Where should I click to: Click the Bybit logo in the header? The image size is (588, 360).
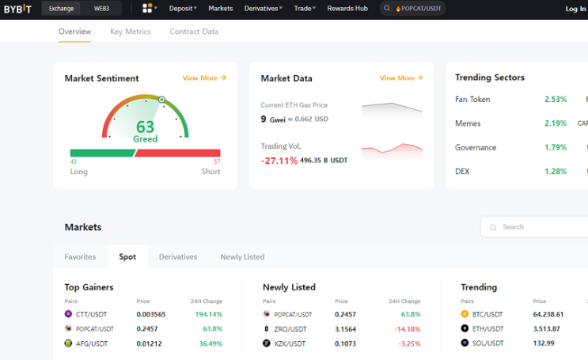17,8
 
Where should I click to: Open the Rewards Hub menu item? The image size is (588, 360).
347,8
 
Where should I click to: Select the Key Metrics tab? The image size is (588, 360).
130,32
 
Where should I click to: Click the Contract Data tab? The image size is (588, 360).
194,32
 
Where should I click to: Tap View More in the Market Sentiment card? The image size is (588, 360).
204,78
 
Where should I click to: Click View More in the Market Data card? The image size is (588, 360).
401,78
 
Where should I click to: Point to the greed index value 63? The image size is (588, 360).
145,127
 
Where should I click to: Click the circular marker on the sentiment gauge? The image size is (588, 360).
161,100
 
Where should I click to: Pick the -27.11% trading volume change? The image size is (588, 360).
279,161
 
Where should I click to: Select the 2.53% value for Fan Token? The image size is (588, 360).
556,100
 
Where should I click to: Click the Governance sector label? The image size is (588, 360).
476,147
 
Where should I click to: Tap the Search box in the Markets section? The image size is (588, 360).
534,227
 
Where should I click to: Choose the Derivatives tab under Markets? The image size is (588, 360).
178,257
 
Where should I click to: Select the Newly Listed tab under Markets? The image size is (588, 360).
242,257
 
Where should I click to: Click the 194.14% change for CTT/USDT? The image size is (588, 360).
208,314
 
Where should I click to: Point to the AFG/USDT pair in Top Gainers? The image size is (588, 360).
92,343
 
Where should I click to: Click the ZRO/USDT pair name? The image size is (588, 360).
290,329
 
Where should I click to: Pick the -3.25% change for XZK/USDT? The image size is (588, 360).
409,343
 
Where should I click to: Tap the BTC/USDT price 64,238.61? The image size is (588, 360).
548,314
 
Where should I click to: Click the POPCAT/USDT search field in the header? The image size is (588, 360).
412,8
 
